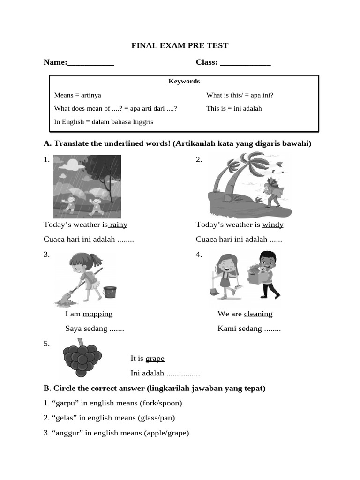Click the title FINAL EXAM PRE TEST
[x=180, y=45]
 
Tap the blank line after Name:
[x=91, y=63]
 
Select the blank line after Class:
[x=245, y=63]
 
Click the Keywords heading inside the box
[x=184, y=81]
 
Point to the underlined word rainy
[x=119, y=225]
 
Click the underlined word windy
[x=273, y=225]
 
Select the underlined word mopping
[x=97, y=314]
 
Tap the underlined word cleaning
[x=258, y=314]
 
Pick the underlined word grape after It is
[x=155, y=359]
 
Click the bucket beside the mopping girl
[x=110, y=292]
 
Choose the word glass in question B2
[x=150, y=418]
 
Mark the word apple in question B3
[x=157, y=433]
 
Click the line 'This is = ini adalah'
[x=234, y=108]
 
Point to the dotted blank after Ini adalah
[x=183, y=374]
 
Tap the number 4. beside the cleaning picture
[x=199, y=255]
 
